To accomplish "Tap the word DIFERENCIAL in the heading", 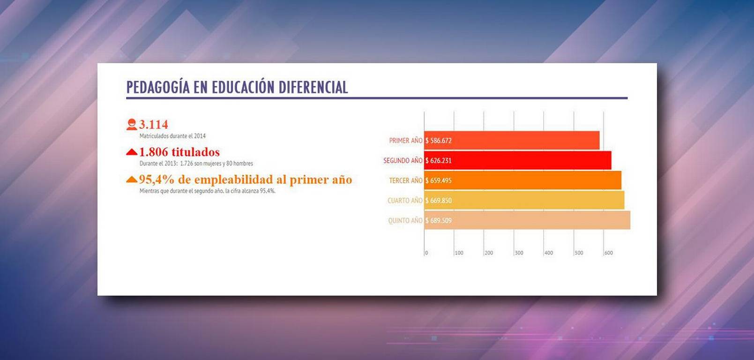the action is pos(313,87).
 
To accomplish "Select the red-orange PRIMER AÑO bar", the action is pos(512,141).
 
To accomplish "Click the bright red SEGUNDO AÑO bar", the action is pos(518,160).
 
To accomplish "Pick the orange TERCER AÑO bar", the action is pos(523,180).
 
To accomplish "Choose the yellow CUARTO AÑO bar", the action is pos(524,200).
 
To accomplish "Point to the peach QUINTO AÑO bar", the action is pos(527,220).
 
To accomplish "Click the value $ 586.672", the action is pos(439,141).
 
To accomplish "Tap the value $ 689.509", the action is pos(439,221).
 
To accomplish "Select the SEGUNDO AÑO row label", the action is pos(403,161).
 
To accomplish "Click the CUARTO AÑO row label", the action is pos(405,201).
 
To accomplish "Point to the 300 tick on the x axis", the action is pos(519,253).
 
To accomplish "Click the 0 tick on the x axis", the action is pos(426,253).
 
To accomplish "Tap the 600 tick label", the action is pos(609,253).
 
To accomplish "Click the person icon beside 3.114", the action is pos(132,124).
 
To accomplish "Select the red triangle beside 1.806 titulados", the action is pos(132,152).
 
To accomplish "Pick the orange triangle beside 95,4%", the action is pos(132,180).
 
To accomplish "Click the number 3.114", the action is pos(154,125).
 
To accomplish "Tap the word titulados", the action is pos(195,152).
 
